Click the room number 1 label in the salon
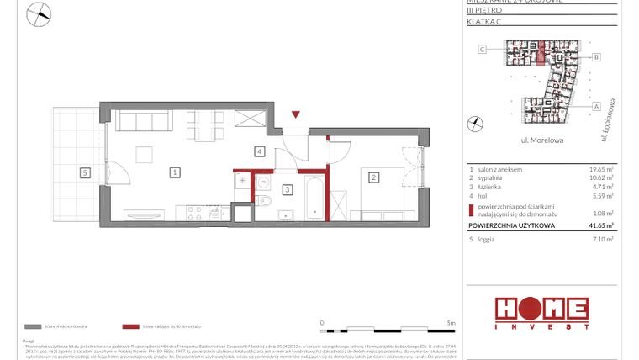tap(174, 172)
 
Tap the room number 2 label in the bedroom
tap(372, 177)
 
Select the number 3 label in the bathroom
tap(287, 190)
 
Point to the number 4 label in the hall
tap(261, 151)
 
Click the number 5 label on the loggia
tap(84, 172)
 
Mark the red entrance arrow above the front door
tap(295, 114)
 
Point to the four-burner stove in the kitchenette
tap(194, 210)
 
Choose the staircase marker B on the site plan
tap(595, 57)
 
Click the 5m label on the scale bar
tap(451, 321)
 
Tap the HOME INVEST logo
tap(541, 311)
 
